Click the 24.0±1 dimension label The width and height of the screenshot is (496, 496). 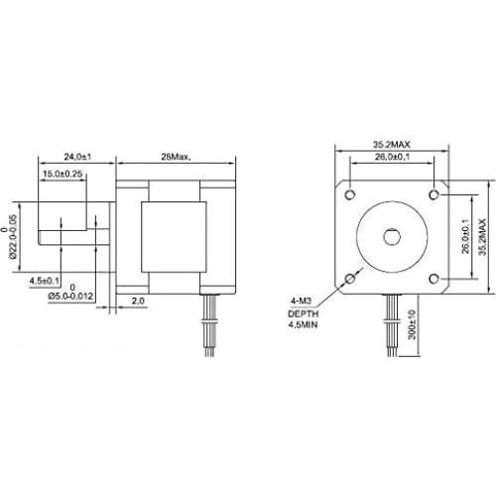coord(77,157)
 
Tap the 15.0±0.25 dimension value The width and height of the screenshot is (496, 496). coord(62,175)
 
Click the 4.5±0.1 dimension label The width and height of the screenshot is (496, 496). coord(46,279)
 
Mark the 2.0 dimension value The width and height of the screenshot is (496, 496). coord(137,298)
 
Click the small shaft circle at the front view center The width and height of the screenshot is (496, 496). coord(391,236)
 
